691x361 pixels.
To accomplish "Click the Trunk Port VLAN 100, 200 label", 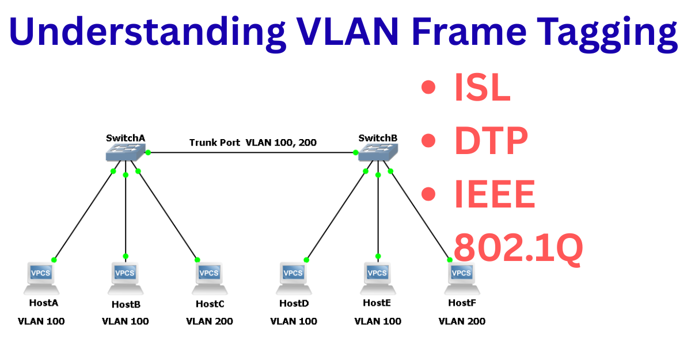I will pyautogui.click(x=253, y=143).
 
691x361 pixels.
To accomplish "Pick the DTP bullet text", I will pyautogui.click(x=491, y=142).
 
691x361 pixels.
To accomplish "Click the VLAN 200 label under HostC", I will pyautogui.click(x=210, y=321).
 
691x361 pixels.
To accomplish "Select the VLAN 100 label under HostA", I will pyautogui.click(x=41, y=321).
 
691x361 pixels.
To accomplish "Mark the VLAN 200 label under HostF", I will pyautogui.click(x=462, y=321).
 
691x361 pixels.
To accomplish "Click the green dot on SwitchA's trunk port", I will pyautogui.click(x=148, y=152).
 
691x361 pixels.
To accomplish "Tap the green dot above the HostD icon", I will pyautogui.click(x=306, y=260).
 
